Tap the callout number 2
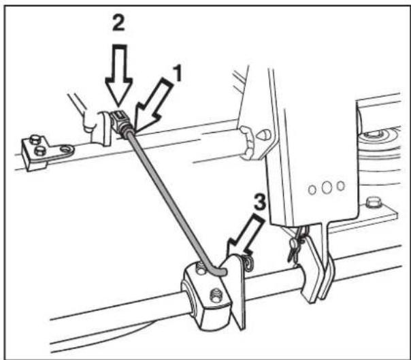click(118, 23)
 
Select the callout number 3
click(260, 201)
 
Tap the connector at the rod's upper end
click(120, 121)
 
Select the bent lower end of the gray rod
click(219, 271)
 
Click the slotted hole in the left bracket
click(67, 150)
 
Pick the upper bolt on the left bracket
click(34, 140)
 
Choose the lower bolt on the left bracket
click(39, 150)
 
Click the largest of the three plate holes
click(327, 187)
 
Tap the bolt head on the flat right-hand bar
click(372, 203)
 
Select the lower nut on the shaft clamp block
click(216, 295)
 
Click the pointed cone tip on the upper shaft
click(264, 135)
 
